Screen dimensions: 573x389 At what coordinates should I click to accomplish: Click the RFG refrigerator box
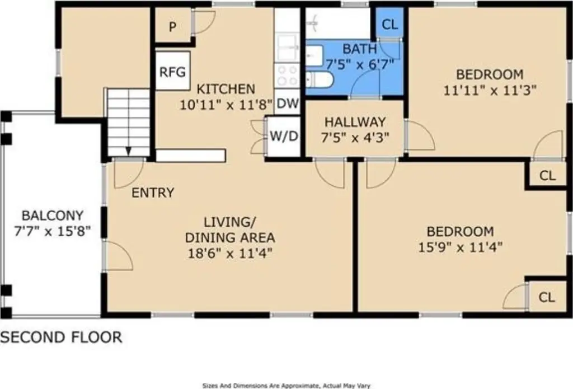pyautogui.click(x=173, y=71)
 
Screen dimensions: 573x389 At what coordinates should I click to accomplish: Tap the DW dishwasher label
pyautogui.click(x=287, y=104)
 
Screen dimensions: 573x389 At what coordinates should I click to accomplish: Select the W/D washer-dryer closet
pyautogui.click(x=284, y=137)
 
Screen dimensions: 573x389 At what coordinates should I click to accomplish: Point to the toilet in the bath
pyautogui.click(x=320, y=80)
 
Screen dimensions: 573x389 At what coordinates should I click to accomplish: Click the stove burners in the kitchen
pyautogui.click(x=287, y=76)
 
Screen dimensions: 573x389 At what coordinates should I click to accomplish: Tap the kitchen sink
pyautogui.click(x=287, y=48)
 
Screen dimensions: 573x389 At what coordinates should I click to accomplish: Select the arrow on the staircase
pyautogui.click(x=128, y=151)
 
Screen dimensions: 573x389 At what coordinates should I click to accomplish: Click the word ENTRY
pyautogui.click(x=153, y=193)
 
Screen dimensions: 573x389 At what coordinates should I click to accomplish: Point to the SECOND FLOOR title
pyautogui.click(x=61, y=337)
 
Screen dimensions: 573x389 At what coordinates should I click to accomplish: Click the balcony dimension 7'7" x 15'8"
pyautogui.click(x=52, y=231)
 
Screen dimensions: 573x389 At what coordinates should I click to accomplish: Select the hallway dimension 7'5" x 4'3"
pyautogui.click(x=355, y=138)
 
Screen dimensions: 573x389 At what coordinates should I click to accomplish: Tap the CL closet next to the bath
pyautogui.click(x=389, y=25)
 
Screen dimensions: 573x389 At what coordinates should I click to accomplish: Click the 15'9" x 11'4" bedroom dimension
pyautogui.click(x=460, y=247)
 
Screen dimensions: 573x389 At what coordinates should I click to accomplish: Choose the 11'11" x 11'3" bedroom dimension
pyautogui.click(x=490, y=90)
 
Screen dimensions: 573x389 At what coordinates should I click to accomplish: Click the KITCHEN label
pyautogui.click(x=226, y=89)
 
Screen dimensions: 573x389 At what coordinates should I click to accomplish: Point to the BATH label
pyautogui.click(x=360, y=49)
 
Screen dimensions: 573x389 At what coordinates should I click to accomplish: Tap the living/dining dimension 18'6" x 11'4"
pyautogui.click(x=230, y=252)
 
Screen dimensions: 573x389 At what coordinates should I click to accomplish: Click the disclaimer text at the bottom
pyautogui.click(x=286, y=385)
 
